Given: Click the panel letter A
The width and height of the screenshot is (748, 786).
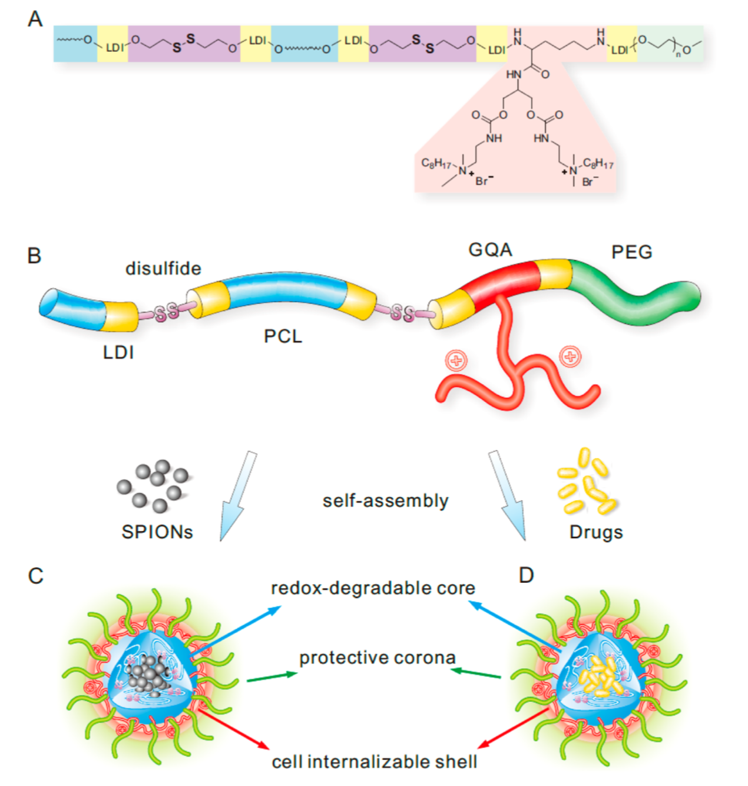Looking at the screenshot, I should [x=35, y=19].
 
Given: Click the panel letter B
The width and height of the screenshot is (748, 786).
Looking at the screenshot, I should [x=34, y=256].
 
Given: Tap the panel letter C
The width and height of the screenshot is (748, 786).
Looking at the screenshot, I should [x=35, y=576].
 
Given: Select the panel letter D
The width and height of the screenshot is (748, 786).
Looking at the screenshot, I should [x=526, y=575].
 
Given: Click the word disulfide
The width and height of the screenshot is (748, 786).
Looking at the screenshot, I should [x=163, y=269].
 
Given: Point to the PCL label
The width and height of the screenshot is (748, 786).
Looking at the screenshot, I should [x=283, y=336].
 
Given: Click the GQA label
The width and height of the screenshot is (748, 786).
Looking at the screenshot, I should [x=490, y=250].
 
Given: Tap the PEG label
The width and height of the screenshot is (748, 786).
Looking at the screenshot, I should [x=631, y=252].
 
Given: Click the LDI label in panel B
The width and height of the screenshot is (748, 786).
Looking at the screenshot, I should [x=118, y=352].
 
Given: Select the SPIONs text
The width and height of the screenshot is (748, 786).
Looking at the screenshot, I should [x=157, y=532].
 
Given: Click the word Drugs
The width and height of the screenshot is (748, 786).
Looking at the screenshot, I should [x=595, y=532].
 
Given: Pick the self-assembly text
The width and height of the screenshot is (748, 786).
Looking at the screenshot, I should [x=385, y=501].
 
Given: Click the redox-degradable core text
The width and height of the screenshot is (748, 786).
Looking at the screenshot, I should [x=373, y=588].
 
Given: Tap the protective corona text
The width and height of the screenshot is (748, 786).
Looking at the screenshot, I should [x=377, y=658].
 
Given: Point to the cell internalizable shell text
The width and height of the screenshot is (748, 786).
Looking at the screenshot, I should [x=374, y=762].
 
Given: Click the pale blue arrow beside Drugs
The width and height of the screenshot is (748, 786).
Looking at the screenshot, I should [x=508, y=495].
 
